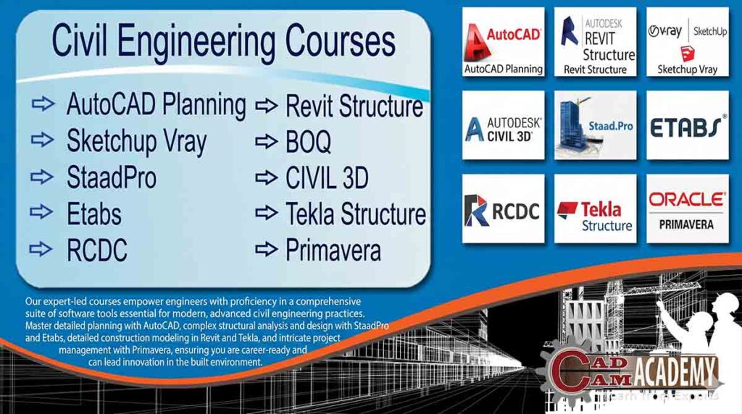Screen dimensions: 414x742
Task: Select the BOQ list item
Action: point(308,142)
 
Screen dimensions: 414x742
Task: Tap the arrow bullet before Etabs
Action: point(43,212)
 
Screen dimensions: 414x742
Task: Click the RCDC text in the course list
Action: point(96,250)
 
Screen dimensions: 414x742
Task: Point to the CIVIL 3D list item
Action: point(327,177)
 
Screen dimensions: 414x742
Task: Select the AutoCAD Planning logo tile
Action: point(504,42)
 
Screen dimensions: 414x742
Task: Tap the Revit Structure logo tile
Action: point(595,42)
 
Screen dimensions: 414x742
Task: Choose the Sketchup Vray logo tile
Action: point(687,42)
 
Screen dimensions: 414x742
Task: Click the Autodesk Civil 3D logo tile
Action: point(504,125)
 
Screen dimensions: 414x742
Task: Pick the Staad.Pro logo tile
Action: point(595,125)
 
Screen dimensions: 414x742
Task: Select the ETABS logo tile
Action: point(687,125)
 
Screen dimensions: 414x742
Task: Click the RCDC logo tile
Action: point(504,208)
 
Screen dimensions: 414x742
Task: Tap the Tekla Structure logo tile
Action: point(595,208)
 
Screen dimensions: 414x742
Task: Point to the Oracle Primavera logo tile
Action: point(687,208)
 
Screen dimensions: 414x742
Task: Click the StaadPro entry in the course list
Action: point(111,177)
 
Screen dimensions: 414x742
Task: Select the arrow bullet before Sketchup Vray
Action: point(43,140)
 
